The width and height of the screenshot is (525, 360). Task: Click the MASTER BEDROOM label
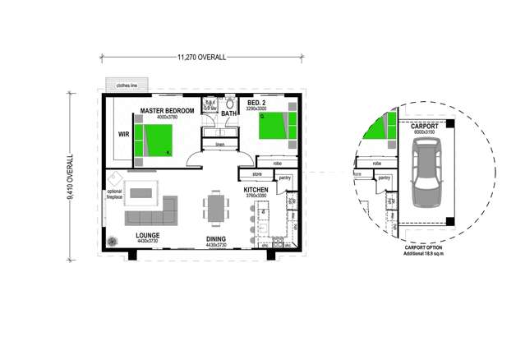[167, 110]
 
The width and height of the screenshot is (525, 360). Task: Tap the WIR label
[124, 135]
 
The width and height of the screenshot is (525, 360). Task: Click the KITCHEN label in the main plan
[256, 190]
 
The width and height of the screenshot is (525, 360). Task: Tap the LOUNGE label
[148, 234]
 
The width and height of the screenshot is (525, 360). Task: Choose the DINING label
[216, 239]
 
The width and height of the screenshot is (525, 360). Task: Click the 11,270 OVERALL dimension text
[201, 58]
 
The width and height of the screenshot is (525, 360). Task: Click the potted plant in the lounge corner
[113, 241]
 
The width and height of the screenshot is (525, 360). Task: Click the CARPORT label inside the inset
[424, 125]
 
